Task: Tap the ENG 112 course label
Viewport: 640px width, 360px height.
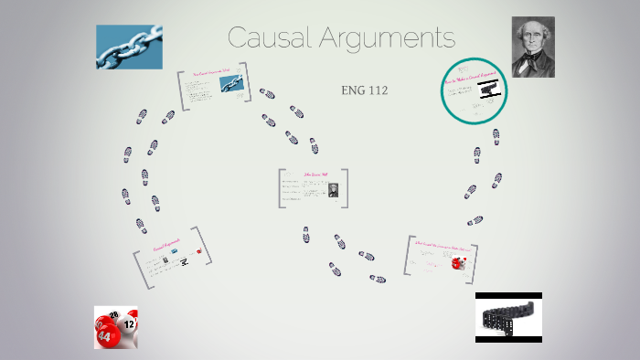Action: [x=365, y=90]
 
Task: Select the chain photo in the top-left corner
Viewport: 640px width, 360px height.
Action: [x=129, y=47]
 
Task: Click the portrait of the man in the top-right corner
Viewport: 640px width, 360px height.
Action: [x=533, y=47]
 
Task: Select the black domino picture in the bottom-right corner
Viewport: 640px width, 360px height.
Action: [x=508, y=317]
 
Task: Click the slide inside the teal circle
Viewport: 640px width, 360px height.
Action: [x=474, y=90]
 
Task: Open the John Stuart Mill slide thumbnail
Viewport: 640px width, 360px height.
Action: [x=315, y=187]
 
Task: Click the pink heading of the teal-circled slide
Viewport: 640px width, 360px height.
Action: [x=470, y=79]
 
